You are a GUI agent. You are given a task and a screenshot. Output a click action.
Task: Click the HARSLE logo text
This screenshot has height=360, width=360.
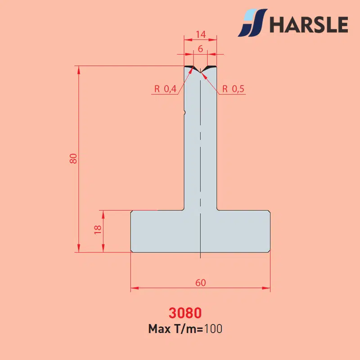coord(309,24)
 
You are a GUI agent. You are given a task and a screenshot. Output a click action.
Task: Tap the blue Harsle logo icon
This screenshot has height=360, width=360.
coord(252,23)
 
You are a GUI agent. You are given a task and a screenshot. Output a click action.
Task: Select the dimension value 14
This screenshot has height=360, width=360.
coord(201,35)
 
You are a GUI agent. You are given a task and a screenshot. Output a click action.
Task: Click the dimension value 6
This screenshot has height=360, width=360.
coord(200,49)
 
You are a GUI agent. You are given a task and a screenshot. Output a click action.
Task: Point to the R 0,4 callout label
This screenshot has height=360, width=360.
coord(165,89)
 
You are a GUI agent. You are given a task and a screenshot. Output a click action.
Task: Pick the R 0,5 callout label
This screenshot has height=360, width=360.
coord(233,89)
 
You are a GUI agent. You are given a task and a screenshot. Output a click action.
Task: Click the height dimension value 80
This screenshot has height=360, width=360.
coord(73,158)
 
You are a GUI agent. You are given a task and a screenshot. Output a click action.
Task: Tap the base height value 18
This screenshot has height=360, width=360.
coord(98,229)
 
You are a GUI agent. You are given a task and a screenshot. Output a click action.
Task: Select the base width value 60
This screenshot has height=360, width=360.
coord(201,283)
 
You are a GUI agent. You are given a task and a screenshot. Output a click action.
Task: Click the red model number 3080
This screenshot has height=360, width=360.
coord(185,313)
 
